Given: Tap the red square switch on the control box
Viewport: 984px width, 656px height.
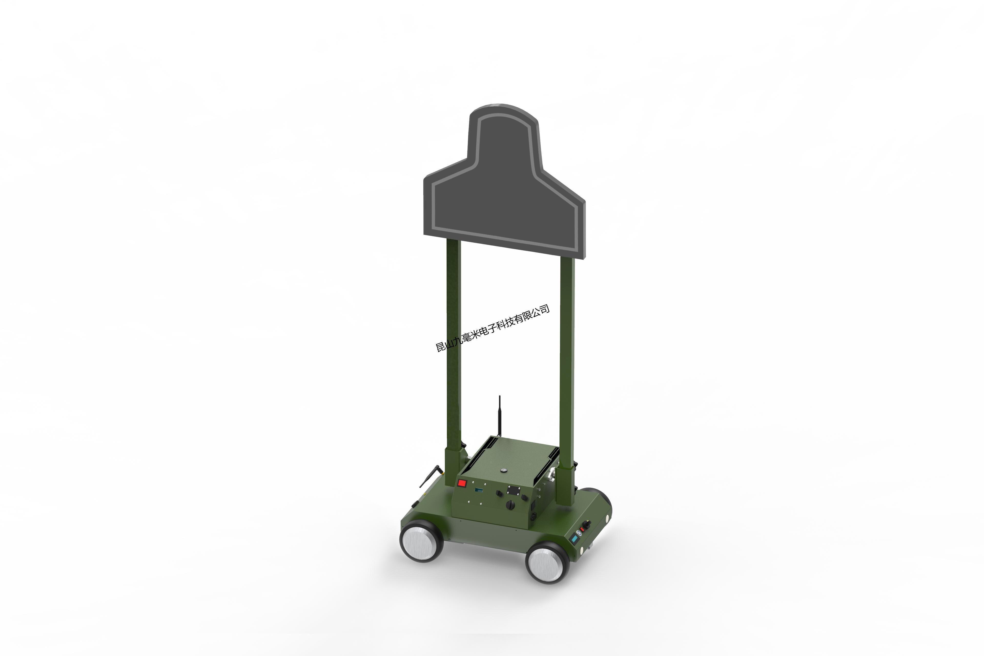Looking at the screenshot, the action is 462,484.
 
